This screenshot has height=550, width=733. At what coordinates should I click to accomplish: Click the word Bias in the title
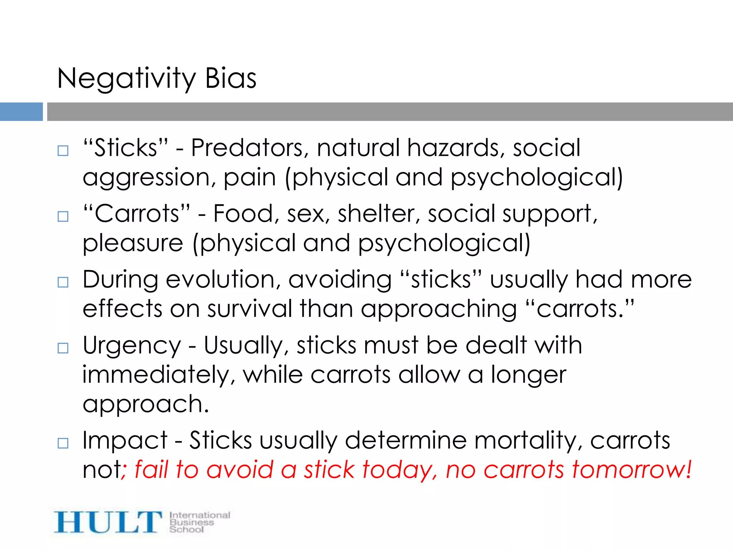pyautogui.click(x=230, y=78)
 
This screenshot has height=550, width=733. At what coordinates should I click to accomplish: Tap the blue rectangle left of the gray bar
pyautogui.click(x=21, y=112)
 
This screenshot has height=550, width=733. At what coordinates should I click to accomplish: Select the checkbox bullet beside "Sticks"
pyautogui.click(x=63, y=150)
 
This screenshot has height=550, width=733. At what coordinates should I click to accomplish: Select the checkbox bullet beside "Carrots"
pyautogui.click(x=63, y=216)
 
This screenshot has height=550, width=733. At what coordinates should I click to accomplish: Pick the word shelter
pyautogui.click(x=379, y=214)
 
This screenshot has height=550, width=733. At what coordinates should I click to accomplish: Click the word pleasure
pyautogui.click(x=133, y=243)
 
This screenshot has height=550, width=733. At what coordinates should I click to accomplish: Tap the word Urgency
pyautogui.click(x=132, y=346)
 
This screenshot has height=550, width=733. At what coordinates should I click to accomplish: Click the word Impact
pyautogui.click(x=125, y=440)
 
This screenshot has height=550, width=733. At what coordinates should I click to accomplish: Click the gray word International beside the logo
pyautogui.click(x=200, y=515)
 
